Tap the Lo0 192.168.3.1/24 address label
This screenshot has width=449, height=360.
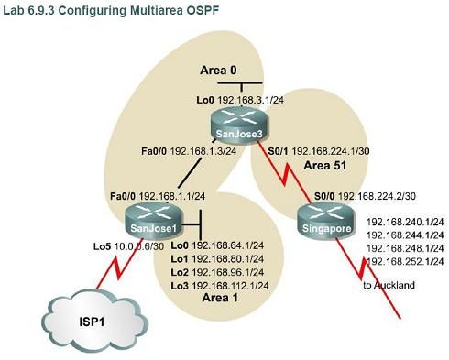[237, 96]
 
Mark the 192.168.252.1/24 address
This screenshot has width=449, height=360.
[405, 263]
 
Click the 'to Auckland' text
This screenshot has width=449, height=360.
[389, 285]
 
